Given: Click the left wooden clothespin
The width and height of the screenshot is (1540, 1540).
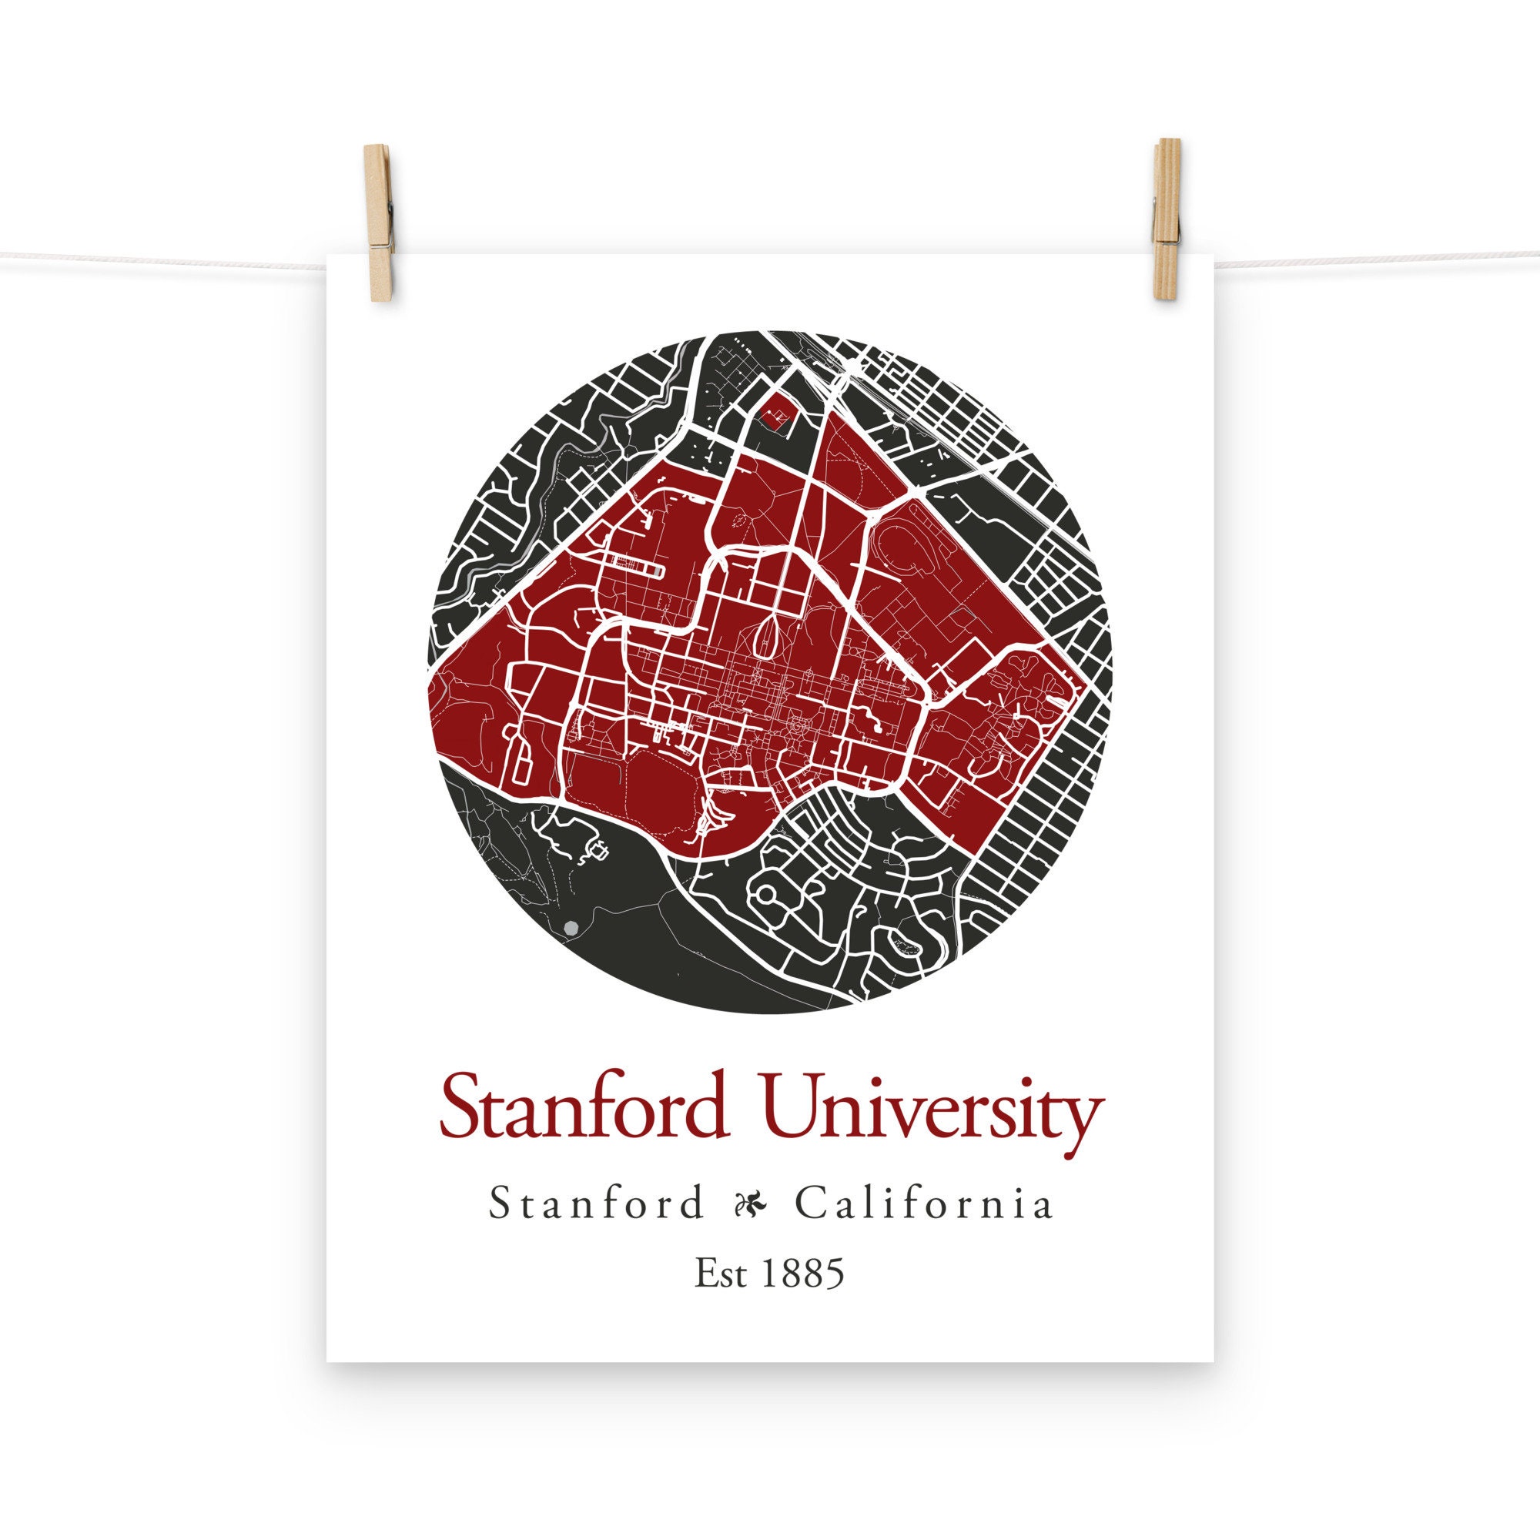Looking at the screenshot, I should [x=379, y=223].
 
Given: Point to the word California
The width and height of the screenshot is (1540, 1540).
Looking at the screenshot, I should [x=924, y=1204].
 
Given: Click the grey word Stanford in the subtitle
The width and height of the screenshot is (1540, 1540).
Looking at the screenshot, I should [x=597, y=1204].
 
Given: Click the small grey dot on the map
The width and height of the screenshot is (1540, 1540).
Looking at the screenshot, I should [x=570, y=928].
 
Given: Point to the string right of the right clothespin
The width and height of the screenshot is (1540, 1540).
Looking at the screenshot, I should [x=1355, y=259].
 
